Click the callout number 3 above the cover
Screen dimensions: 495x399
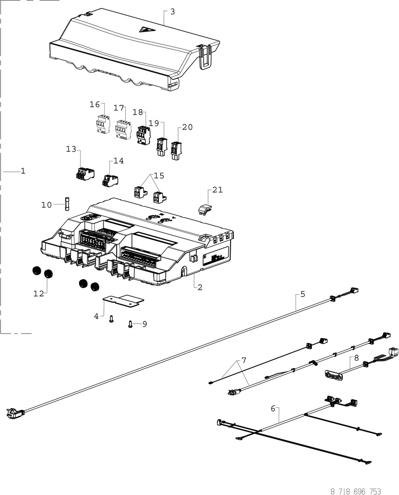click(172, 11)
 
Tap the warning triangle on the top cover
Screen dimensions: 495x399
click(146, 30)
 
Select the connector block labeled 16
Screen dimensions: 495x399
click(103, 124)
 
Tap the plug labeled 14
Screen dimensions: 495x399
click(110, 180)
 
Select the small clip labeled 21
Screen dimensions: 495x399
click(205, 209)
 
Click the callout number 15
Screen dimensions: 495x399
click(159, 176)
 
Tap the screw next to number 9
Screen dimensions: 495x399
click(130, 324)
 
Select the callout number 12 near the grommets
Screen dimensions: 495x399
click(39, 293)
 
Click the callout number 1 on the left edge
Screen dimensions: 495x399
click(22, 171)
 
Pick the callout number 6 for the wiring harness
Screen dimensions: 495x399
click(273, 408)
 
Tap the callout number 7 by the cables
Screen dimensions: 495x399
click(244, 360)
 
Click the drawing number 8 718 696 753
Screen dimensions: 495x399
click(356, 491)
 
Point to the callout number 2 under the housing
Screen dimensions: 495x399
click(199, 287)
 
